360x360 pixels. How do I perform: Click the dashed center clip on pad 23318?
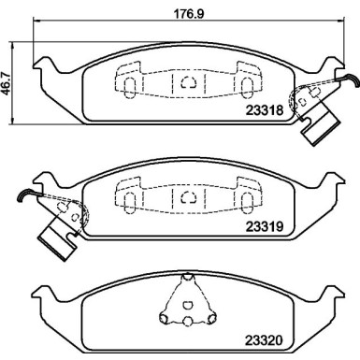click(x=188, y=82)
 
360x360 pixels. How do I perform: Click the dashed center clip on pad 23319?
click(x=188, y=198)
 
